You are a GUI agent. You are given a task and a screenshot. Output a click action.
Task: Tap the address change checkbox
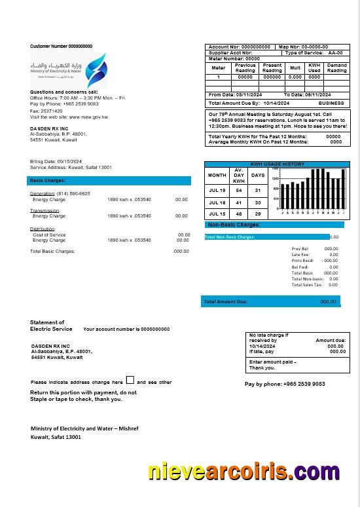(130, 380)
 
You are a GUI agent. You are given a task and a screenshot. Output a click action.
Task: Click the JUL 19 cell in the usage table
(217, 190)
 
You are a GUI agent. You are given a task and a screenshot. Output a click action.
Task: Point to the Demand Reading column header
(336, 67)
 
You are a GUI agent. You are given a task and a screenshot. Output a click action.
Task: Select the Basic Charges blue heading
(48, 180)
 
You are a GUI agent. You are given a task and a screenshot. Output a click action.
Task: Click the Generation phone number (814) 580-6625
(73, 194)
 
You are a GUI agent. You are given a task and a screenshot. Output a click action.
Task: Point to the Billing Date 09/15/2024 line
(56, 161)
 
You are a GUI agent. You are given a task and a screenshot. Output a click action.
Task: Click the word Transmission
(45, 211)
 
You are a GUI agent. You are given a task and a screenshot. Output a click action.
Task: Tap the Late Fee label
(300, 255)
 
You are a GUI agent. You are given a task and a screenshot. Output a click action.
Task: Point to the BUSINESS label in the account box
(331, 103)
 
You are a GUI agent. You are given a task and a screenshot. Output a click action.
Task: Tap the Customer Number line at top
(61, 47)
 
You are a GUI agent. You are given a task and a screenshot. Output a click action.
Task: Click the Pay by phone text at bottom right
(284, 384)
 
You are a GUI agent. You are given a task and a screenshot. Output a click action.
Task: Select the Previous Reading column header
(245, 67)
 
